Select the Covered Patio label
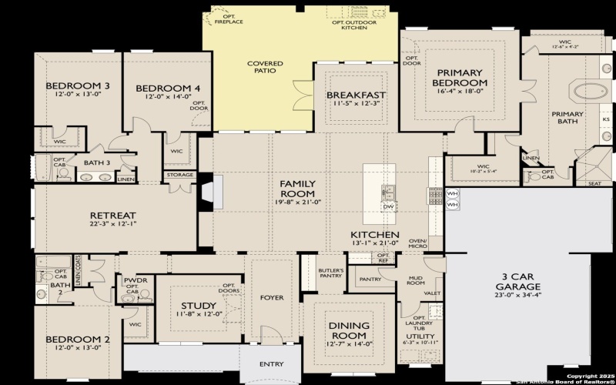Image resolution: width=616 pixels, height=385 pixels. (x=264, y=66)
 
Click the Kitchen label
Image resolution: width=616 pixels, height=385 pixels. (x=374, y=234)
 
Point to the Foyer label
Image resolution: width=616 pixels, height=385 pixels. (x=272, y=297)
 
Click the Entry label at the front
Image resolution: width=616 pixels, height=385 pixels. (x=271, y=364)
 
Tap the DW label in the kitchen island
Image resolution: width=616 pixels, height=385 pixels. (x=388, y=206)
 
